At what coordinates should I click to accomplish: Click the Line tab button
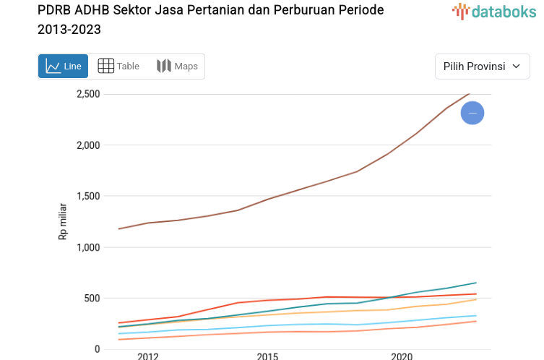(63, 67)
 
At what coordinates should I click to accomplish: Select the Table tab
(118, 67)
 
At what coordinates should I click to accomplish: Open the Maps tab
(177, 67)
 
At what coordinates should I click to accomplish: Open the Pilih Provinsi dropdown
(482, 67)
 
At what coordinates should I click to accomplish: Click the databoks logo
(494, 11)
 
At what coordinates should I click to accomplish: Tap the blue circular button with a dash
(472, 113)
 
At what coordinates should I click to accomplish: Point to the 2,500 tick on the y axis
(87, 94)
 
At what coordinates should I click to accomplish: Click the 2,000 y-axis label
(87, 145)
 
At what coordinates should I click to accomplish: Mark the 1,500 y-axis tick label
(87, 196)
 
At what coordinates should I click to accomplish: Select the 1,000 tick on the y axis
(87, 247)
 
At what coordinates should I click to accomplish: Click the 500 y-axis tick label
(91, 298)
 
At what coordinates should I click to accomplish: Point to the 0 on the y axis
(97, 349)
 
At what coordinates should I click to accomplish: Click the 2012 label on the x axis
(147, 356)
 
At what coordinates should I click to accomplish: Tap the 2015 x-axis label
(267, 356)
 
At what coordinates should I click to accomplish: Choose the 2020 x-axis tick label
(402, 356)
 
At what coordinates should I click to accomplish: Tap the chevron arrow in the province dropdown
(516, 67)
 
